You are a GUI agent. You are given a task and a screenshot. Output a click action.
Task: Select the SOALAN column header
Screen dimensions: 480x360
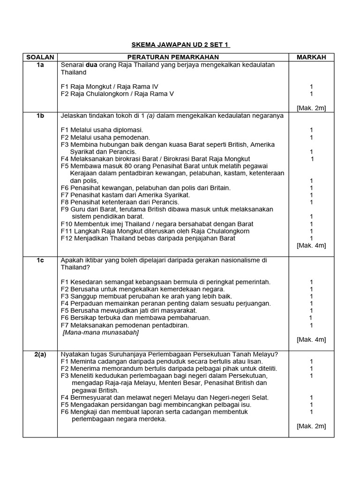40,57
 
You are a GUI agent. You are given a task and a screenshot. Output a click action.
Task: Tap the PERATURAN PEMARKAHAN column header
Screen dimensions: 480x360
173,57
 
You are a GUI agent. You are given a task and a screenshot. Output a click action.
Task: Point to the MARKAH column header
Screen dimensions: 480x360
311,57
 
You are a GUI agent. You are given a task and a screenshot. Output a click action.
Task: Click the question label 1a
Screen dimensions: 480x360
40,65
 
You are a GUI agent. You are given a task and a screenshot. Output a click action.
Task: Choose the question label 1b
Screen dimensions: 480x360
40,115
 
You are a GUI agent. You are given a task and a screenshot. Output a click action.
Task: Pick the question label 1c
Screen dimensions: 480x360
40,260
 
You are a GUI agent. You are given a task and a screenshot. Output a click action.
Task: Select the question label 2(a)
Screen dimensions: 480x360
40,354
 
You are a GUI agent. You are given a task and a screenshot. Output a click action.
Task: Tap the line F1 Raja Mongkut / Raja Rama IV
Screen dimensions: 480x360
110,87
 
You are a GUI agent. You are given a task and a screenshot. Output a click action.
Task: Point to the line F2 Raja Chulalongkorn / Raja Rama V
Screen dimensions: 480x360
117,94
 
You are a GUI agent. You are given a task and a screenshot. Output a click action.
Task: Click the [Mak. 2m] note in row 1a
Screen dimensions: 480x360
311,108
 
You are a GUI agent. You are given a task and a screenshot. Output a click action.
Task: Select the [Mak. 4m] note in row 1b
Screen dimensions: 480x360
311,245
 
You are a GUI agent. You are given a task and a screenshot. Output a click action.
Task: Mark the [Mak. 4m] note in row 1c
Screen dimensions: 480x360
311,339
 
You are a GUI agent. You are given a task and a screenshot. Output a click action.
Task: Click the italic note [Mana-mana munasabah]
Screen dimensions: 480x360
101,332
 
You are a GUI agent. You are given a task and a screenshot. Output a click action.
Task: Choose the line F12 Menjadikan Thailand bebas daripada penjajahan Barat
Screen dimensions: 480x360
148,238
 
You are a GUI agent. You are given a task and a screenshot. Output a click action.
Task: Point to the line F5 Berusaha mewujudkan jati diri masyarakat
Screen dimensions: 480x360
129,310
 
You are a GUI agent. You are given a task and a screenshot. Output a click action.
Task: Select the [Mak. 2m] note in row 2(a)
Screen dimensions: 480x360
311,426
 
